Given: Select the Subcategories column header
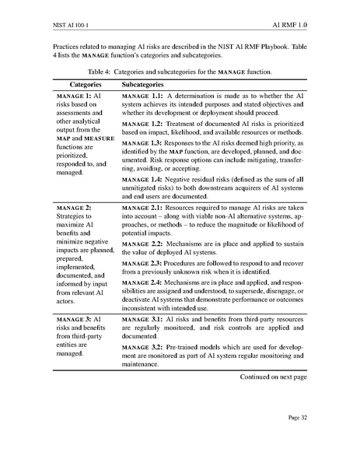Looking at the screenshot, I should [152, 82].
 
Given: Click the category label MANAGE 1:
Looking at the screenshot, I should [73, 94].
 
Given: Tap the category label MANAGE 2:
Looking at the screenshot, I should [73, 208].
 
